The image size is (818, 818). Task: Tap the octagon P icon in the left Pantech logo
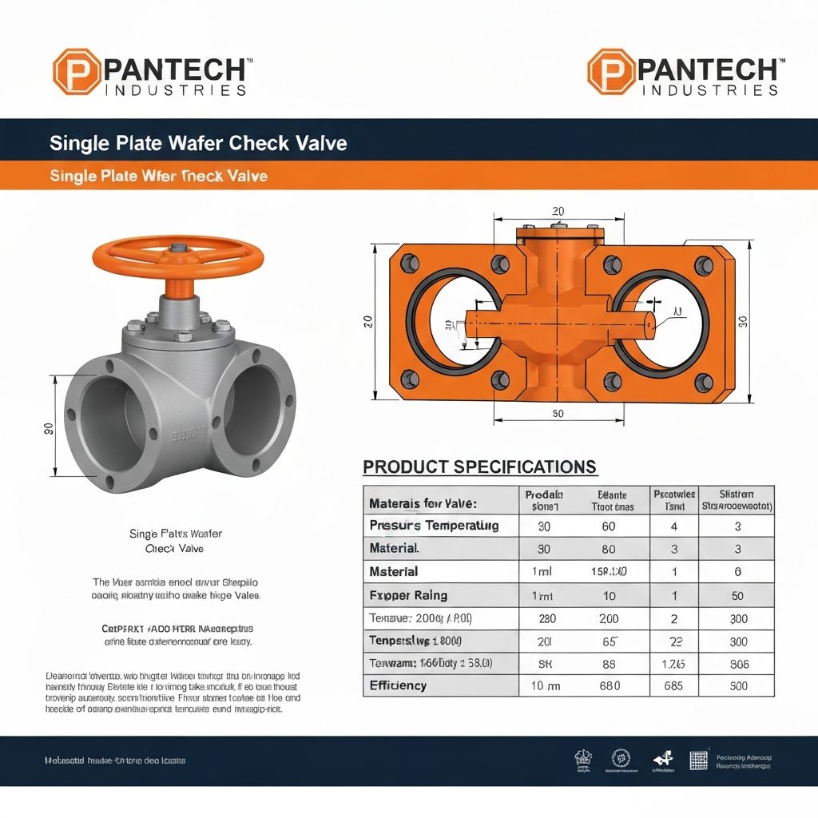click(77, 72)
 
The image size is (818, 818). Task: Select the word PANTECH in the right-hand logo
click(708, 69)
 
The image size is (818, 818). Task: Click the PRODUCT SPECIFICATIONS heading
click(479, 467)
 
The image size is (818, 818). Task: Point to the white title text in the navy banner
click(198, 143)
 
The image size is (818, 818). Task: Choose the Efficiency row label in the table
click(398, 685)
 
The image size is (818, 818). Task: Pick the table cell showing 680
click(608, 685)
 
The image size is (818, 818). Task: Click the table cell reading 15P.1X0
click(608, 572)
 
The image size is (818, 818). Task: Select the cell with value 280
click(546, 618)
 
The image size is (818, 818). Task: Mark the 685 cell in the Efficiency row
click(673, 685)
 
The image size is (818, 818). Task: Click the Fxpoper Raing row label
click(408, 595)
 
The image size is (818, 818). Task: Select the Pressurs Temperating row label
click(434, 526)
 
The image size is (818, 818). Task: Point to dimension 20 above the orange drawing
click(558, 212)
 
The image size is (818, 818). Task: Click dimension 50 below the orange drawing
click(558, 413)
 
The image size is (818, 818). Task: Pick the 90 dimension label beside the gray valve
click(47, 429)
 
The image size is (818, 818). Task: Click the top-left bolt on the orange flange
click(409, 261)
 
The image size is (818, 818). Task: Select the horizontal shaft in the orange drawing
click(559, 324)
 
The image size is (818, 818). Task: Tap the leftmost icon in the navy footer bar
click(582, 760)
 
